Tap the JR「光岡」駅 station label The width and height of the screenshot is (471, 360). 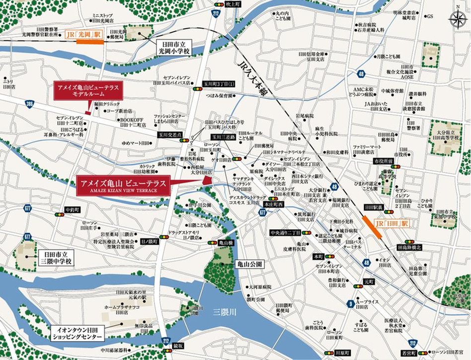point(83,35)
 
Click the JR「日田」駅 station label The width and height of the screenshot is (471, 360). point(391,224)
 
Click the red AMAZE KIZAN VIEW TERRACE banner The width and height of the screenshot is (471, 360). point(123,184)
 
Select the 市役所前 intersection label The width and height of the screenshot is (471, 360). point(384,161)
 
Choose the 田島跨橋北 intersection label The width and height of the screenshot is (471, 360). point(409,247)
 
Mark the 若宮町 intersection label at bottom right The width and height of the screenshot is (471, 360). point(409,352)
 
